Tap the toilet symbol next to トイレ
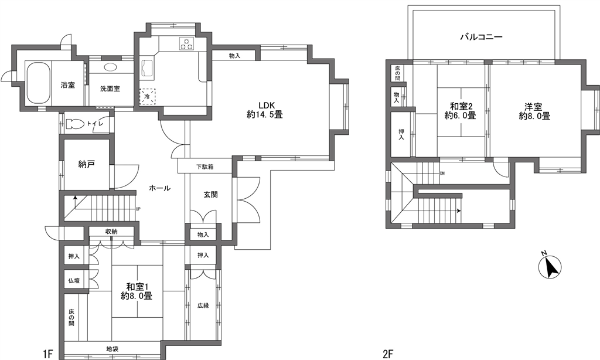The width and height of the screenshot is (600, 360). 75,124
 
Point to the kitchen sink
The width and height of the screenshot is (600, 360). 147,69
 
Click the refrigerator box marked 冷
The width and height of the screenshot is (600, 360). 147,96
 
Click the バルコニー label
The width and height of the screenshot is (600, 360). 481,37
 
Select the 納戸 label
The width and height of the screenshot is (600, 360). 87,164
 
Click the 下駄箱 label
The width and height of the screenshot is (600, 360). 205,167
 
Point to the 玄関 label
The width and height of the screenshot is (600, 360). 210,195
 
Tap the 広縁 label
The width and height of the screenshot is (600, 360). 203,305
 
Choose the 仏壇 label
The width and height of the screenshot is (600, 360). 74,280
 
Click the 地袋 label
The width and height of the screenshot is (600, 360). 112,349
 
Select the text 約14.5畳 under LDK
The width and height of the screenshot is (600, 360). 265,114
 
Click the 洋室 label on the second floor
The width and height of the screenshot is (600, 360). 534,107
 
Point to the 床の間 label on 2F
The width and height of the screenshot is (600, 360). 398,73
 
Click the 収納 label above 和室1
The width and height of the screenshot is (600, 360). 111,232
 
